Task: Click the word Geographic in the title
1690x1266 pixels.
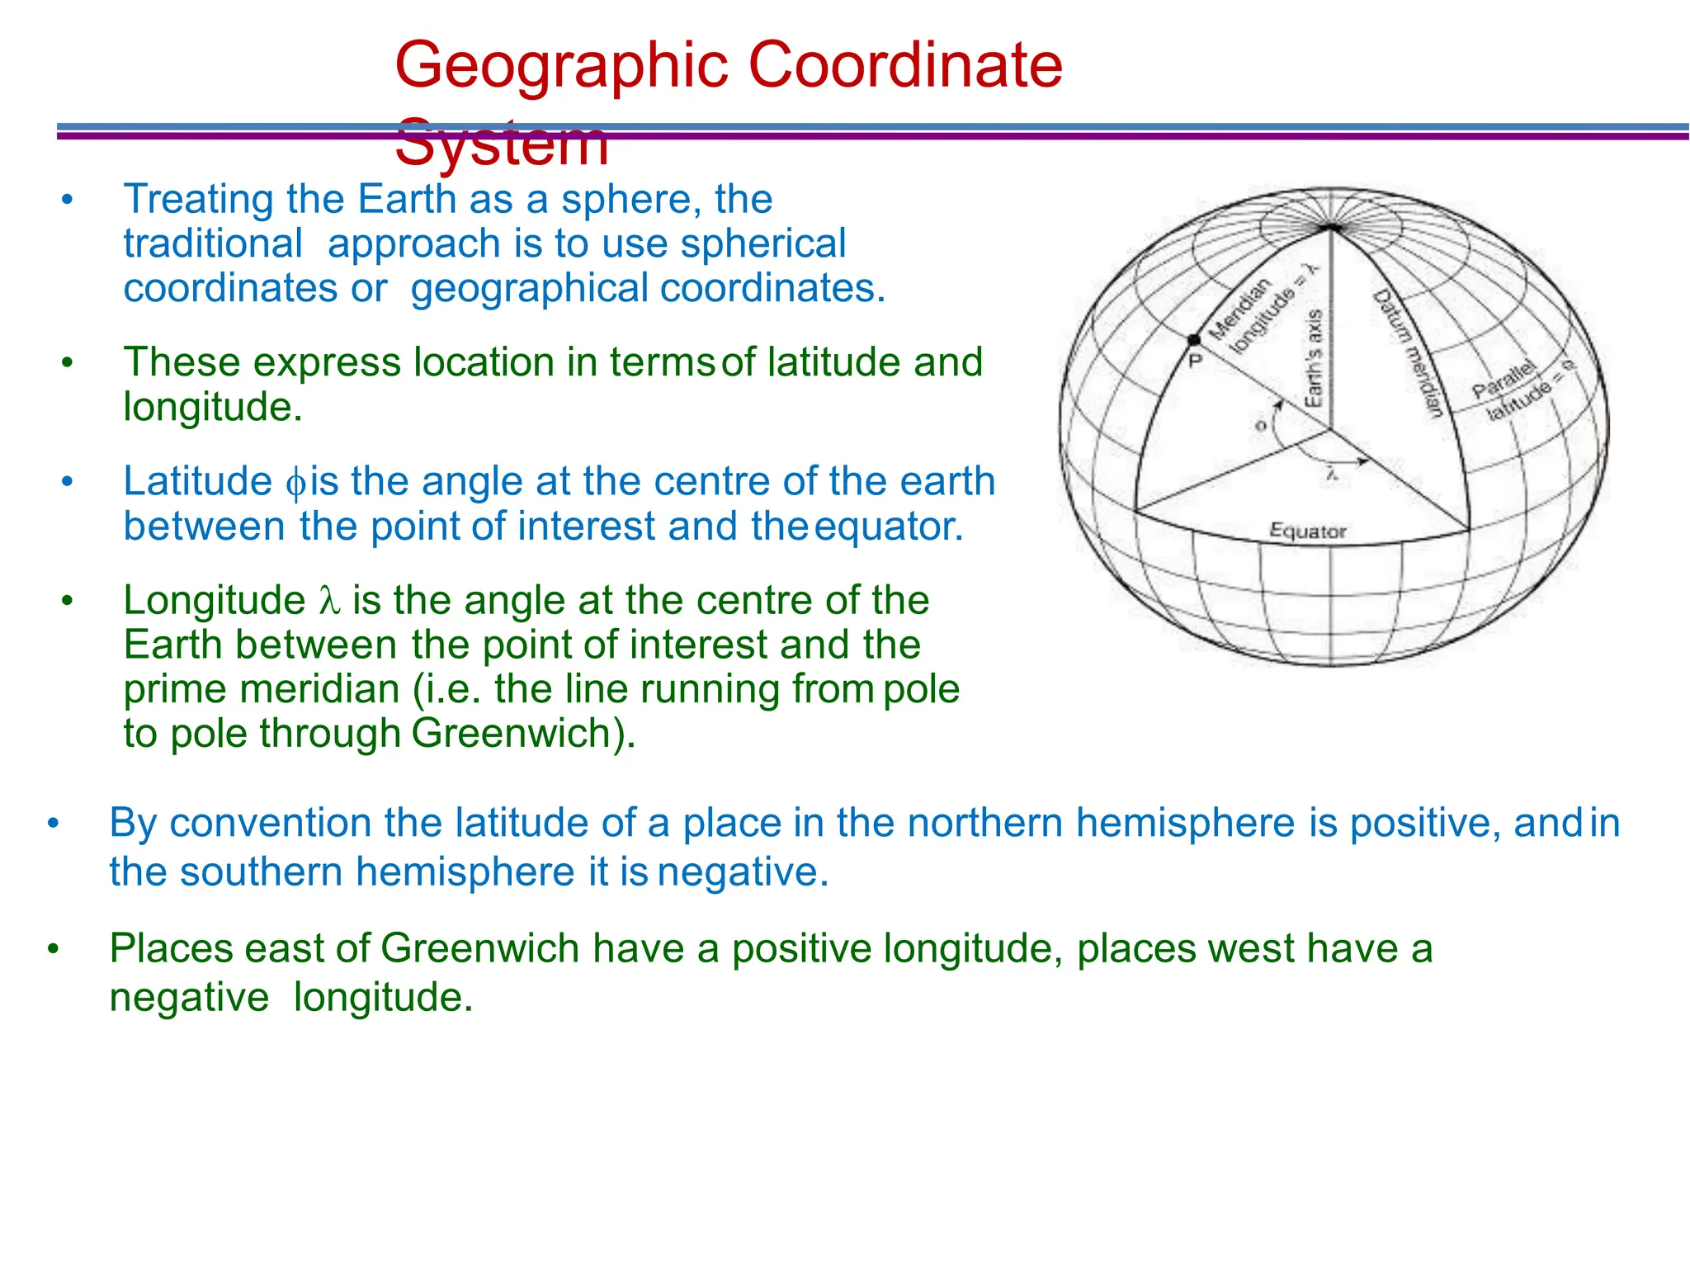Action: tap(561, 66)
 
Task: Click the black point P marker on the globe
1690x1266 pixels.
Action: tap(1193, 340)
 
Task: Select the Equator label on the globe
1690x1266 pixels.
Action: tap(1307, 531)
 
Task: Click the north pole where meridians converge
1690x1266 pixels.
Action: tap(1330, 226)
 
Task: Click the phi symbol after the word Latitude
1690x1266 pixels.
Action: tap(295, 483)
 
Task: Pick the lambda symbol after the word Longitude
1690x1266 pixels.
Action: tap(328, 601)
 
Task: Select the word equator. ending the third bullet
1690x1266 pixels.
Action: tap(889, 527)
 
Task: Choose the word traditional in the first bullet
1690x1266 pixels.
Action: tap(213, 243)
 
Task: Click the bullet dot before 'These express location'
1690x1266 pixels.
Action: tap(68, 362)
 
